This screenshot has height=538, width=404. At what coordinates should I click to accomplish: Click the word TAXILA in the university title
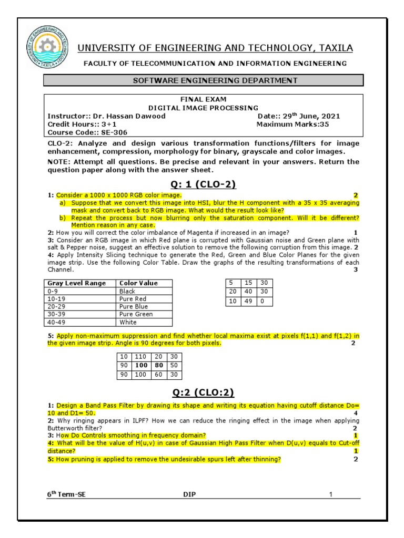click(335, 48)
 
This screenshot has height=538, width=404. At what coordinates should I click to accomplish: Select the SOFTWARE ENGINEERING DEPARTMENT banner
click(203, 80)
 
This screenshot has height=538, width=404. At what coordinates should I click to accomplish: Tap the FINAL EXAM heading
click(203, 99)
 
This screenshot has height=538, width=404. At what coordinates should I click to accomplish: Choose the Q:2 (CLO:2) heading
click(203, 392)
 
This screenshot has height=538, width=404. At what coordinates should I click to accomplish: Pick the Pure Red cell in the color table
click(133, 298)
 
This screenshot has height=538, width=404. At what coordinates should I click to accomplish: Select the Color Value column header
click(138, 283)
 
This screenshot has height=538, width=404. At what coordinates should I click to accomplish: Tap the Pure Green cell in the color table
click(136, 314)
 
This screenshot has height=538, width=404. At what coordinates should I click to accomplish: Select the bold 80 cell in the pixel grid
click(158, 365)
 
